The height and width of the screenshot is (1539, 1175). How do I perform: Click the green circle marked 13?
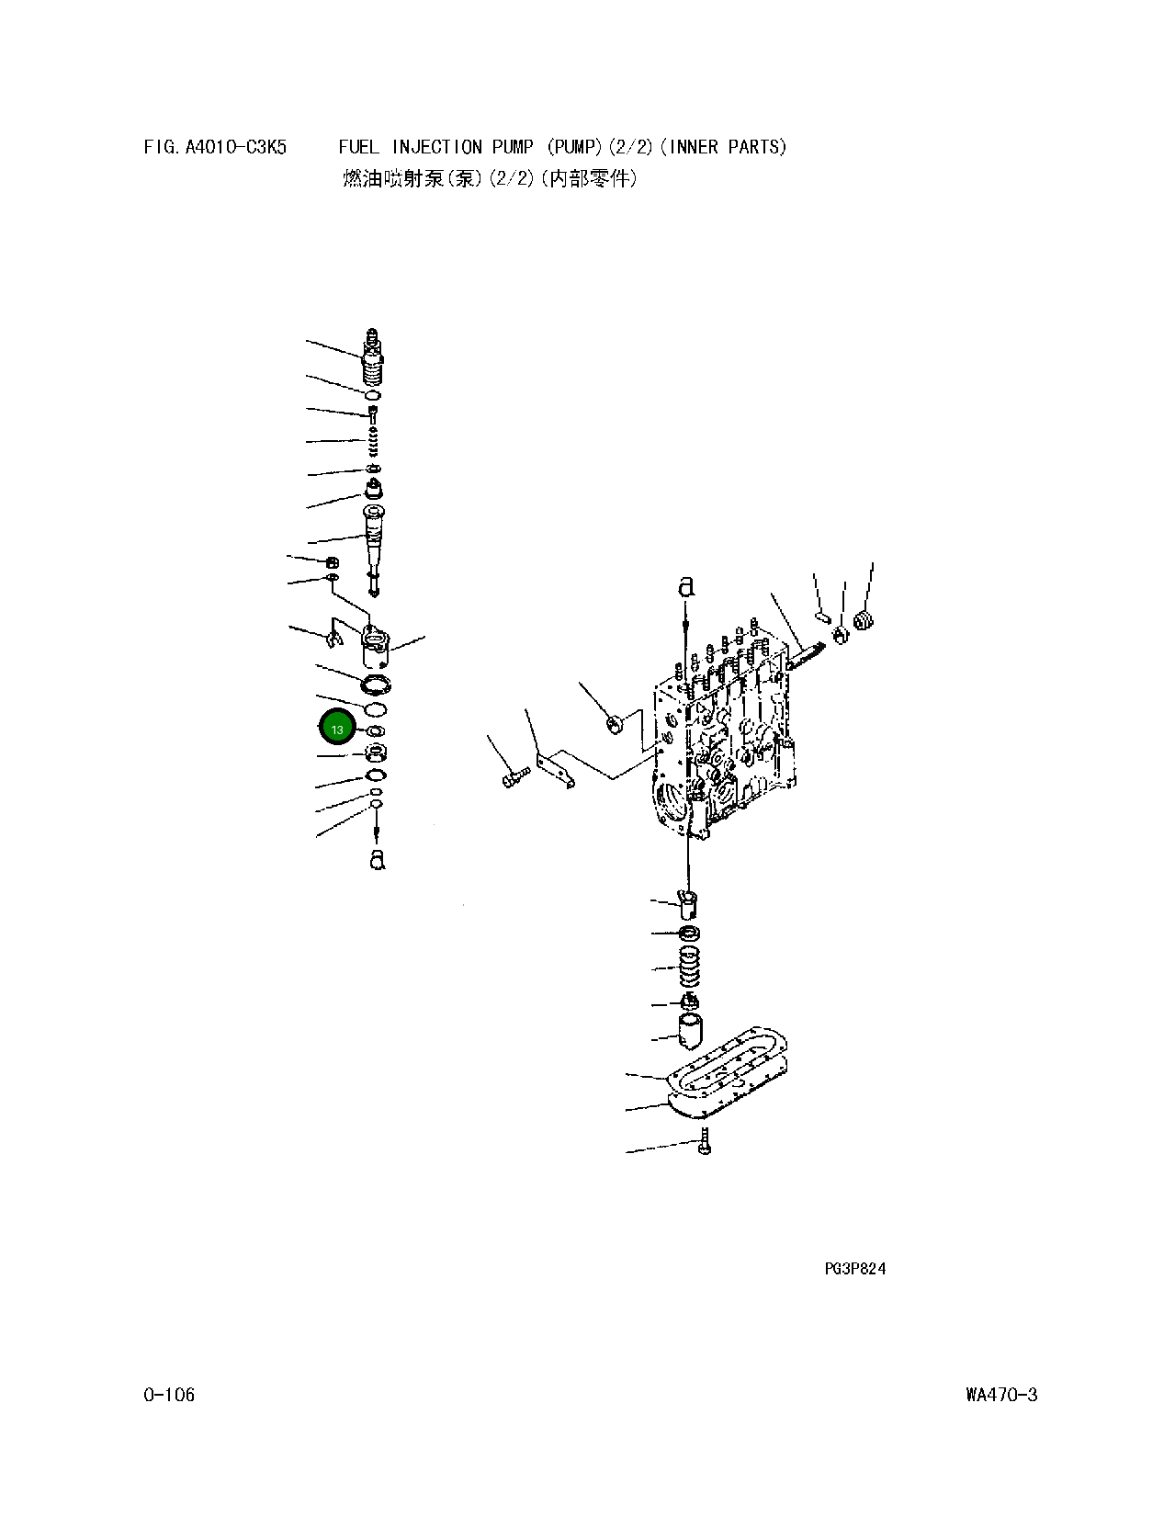tap(336, 729)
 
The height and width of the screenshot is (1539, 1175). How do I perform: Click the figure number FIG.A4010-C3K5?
tap(215, 147)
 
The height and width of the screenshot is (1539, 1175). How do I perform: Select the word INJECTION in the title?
tap(437, 147)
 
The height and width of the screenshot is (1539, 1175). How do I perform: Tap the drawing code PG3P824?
tap(854, 1269)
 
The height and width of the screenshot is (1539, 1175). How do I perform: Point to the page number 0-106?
tap(169, 1395)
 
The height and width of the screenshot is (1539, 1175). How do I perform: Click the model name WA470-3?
tap(1000, 1395)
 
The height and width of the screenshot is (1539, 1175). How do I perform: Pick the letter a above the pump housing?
tap(686, 586)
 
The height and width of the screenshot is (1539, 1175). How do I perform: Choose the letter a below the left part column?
tap(376, 859)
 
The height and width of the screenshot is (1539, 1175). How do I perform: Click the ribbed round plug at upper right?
tap(864, 621)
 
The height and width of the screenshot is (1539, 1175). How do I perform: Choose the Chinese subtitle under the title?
tap(489, 179)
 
